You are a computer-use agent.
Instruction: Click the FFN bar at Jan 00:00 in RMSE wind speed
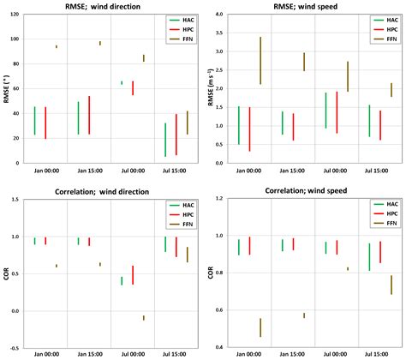(x=260, y=60)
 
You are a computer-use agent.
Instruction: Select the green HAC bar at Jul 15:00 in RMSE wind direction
(x=164, y=140)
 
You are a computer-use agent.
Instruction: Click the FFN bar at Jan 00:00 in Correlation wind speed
(x=260, y=327)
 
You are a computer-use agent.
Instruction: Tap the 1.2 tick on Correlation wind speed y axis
(x=224, y=199)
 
